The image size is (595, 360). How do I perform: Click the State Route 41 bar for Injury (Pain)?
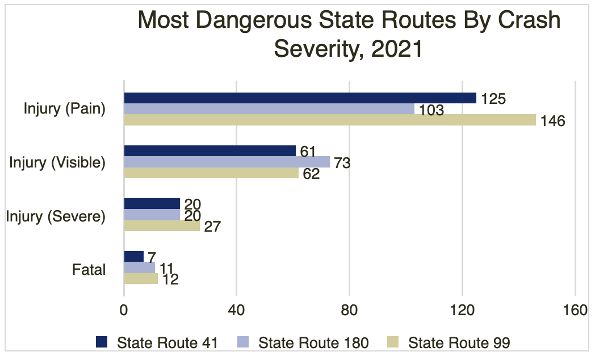point(300,98)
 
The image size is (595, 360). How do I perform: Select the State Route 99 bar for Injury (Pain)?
point(330,120)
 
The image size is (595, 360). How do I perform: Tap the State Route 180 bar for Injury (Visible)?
point(227,162)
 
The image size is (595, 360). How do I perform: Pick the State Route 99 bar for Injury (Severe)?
point(162,226)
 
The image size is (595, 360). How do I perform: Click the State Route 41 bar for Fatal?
point(133,257)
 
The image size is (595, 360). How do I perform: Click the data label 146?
point(552,121)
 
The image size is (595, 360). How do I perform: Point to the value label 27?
point(211,227)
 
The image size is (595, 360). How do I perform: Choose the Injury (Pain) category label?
point(65,108)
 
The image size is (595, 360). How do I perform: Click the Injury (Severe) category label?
point(56,216)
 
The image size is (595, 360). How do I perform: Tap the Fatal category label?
point(89,269)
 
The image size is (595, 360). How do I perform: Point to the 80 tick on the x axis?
point(350,311)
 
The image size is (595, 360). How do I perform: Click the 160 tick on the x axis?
point(575,311)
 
